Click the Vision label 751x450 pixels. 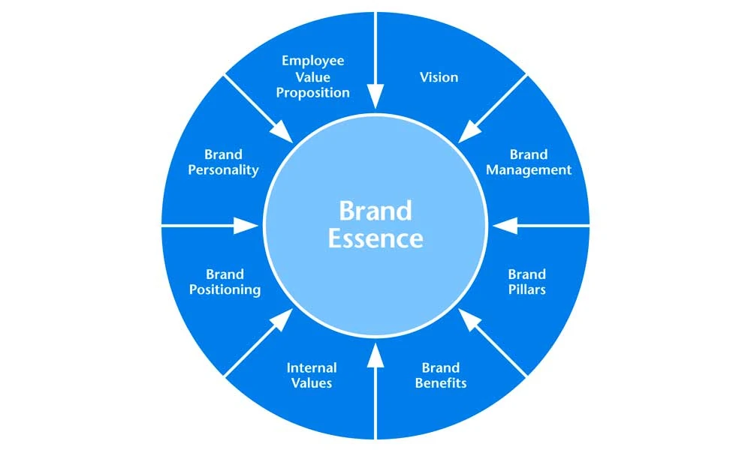click(439, 77)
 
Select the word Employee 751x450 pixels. click(312, 61)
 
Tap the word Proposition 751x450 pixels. click(312, 93)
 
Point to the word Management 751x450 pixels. click(529, 170)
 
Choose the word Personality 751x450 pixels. click(223, 170)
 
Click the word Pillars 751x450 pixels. click(527, 289)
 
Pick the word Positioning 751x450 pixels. click(225, 289)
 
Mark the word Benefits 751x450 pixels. click(441, 383)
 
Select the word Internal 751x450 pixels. click(312, 367)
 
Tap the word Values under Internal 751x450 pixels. click(312, 383)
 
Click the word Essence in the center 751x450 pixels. click(375, 238)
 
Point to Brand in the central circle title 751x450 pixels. click(375, 211)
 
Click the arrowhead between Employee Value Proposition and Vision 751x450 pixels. click(375, 97)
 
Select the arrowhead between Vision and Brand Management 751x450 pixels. click(468, 133)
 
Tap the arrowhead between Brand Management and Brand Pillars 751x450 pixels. click(505, 225)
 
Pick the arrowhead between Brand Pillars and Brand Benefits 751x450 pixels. click(468, 319)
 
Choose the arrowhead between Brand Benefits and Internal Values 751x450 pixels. click(375, 355)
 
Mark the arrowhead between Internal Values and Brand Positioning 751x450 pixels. click(283, 319)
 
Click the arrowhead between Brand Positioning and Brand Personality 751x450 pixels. click(246, 225)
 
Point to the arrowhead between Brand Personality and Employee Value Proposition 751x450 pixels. click(283, 133)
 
